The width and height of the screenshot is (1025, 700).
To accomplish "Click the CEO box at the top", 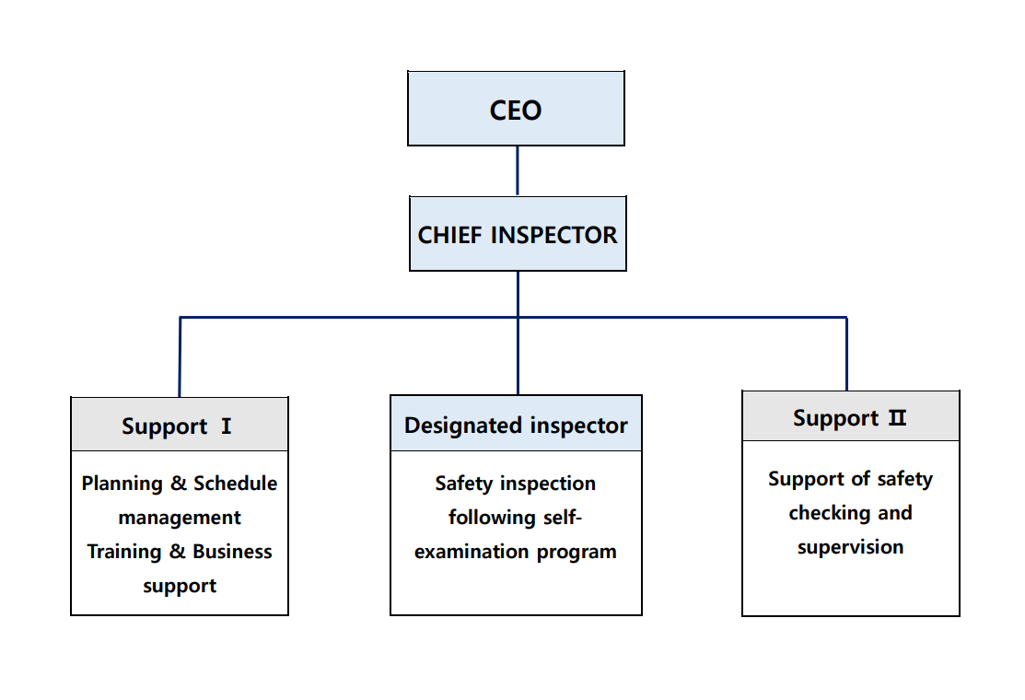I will point(516,109).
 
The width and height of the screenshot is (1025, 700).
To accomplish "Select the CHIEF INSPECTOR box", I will point(518,234).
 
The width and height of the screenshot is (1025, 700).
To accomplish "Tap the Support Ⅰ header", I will point(179,426).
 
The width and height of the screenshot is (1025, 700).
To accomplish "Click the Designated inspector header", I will point(516,425).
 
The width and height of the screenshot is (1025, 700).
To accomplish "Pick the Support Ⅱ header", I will point(850,417).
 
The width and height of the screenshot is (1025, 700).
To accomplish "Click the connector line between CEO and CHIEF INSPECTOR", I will point(517,170).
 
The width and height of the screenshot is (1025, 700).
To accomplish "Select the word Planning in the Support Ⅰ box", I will point(122,484).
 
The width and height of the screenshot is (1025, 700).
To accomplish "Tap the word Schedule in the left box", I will point(235,484).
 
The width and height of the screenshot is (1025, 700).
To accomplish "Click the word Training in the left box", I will point(123,552).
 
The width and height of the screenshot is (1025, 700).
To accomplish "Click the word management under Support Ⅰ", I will point(180,518).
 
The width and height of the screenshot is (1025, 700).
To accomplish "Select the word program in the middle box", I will point(578,553).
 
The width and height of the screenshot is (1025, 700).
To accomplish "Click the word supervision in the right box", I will point(850,547).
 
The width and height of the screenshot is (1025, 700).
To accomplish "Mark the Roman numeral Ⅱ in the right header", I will point(897,418).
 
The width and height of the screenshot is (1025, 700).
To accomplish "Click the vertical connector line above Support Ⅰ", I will point(180,357).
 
